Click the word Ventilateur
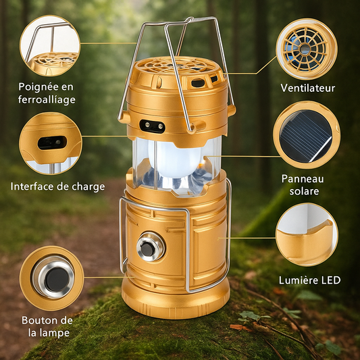pyautogui.click(x=307, y=88)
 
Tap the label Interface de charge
pyautogui.click(x=57, y=186)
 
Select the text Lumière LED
pyautogui.click(x=309, y=280)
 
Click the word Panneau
pyautogui.click(x=303, y=179)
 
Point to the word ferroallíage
pyautogui.click(x=47, y=100)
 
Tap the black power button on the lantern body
pyautogui.click(x=147, y=249)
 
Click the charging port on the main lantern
pyautogui.click(x=152, y=126)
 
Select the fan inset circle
pyautogui.click(x=307, y=49)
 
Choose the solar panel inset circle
pyautogui.click(x=307, y=135)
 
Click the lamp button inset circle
pyautogui.click(x=51, y=278)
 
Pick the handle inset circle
pyautogui.click(x=50, y=45)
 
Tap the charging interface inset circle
pyautogui.click(x=51, y=143)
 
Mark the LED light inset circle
pyautogui.click(x=307, y=234)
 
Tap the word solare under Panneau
pyautogui.click(x=304, y=191)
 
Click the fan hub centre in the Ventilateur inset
pyautogui.click(x=305, y=49)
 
